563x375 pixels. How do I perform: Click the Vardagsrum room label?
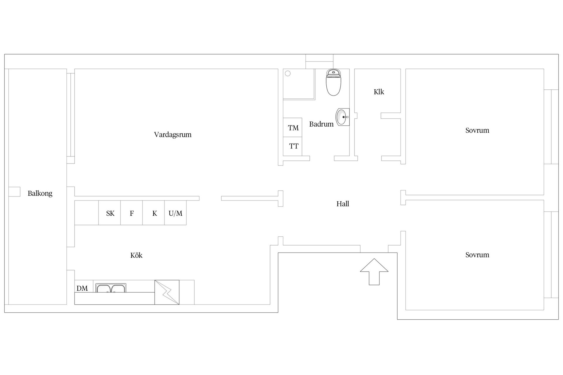173,135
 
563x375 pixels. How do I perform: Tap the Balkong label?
40,193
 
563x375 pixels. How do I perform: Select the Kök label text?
136,255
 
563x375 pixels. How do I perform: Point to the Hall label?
342,204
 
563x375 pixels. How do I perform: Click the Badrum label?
321,124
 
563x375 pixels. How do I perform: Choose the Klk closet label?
379,92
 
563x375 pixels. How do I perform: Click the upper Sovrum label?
477,130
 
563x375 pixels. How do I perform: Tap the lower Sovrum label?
477,255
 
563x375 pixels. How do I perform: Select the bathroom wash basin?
342,117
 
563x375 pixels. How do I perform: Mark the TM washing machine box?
293,128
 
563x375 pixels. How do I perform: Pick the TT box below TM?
293,146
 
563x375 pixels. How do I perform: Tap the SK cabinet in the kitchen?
110,213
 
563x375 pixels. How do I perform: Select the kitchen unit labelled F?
132,213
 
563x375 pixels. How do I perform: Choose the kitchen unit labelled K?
154,213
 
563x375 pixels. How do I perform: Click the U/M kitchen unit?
175,213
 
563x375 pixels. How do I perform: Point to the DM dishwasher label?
82,288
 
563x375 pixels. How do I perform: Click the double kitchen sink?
111,288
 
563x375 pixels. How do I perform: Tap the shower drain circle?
288,74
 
